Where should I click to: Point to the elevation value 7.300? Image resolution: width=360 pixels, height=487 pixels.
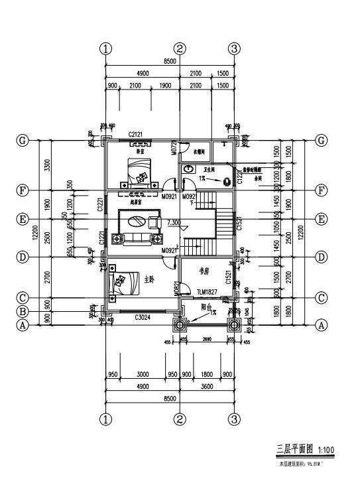(x=175, y=222)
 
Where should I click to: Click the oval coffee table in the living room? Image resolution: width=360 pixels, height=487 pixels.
(x=137, y=222)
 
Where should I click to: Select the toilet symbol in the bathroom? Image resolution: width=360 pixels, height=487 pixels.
(x=226, y=179)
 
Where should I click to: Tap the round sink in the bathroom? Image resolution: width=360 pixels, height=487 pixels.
(x=189, y=170)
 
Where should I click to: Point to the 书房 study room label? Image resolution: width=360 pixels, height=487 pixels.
(x=205, y=271)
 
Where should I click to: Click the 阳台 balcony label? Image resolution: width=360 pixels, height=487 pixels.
(x=206, y=307)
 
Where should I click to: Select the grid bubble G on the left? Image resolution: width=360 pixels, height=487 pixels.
(x=23, y=141)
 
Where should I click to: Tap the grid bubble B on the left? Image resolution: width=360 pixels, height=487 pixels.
(x=23, y=311)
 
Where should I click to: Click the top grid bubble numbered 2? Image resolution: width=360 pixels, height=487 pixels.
(x=180, y=48)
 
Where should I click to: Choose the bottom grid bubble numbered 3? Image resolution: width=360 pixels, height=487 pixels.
(x=235, y=419)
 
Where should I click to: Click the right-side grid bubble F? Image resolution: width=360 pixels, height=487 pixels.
(x=322, y=190)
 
